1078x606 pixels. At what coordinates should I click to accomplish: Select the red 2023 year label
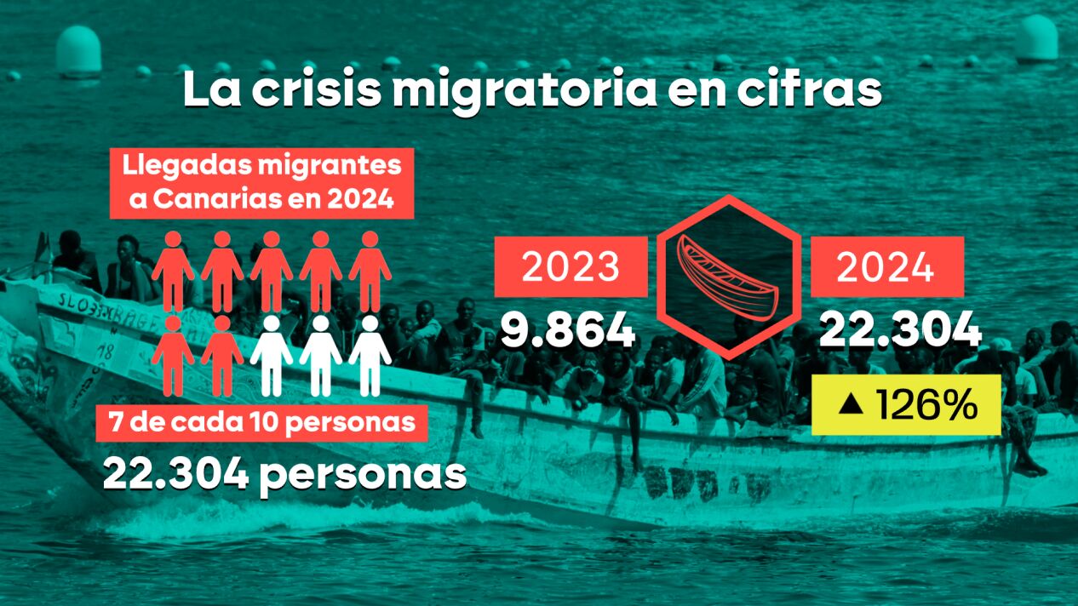(x=571, y=267)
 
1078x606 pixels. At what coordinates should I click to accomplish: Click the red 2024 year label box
(x=886, y=267)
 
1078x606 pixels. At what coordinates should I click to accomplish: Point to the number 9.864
(x=567, y=330)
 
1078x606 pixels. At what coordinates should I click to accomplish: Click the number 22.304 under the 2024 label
(x=900, y=330)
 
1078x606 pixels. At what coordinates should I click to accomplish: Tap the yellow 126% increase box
(x=906, y=406)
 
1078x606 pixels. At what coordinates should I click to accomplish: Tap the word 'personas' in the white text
(x=363, y=473)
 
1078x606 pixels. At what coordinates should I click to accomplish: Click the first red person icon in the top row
(x=173, y=271)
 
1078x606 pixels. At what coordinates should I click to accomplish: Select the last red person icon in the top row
(x=370, y=271)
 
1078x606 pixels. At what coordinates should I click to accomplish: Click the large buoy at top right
(x=1036, y=38)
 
